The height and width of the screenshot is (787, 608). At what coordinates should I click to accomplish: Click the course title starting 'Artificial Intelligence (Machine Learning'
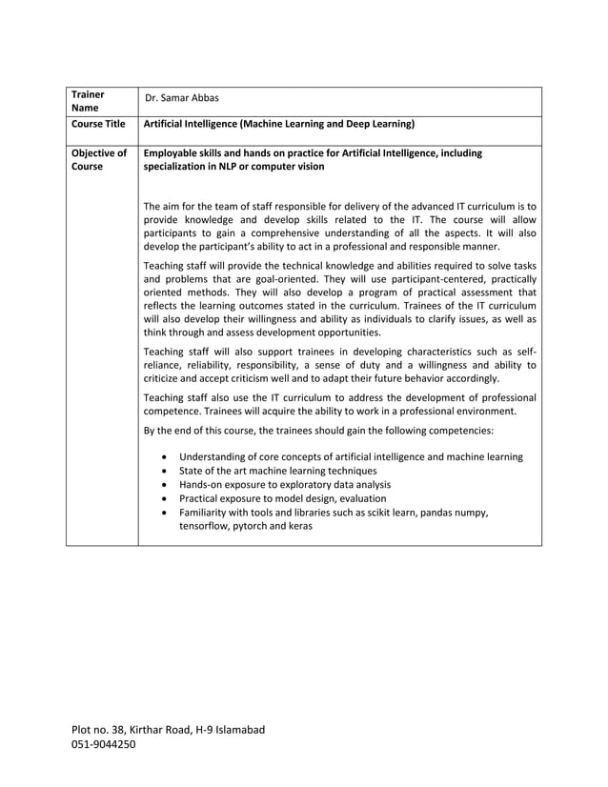click(277, 124)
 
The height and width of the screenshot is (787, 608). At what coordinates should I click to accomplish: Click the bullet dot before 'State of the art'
click(167, 472)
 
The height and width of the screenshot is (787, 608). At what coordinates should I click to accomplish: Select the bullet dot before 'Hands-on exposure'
click(167, 485)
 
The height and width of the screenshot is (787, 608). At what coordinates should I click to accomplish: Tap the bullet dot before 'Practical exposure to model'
click(167, 499)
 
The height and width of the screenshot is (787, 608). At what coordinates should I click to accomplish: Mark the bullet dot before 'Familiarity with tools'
click(167, 513)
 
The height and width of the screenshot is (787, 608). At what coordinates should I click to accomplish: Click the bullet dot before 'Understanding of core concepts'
click(167, 457)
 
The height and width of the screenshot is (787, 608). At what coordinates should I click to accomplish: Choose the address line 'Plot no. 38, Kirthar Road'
click(168, 730)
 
